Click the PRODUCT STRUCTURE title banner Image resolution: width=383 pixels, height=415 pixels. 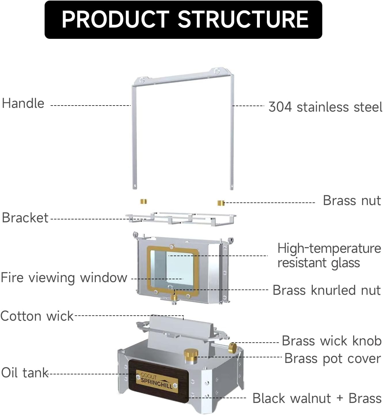coord(183,20)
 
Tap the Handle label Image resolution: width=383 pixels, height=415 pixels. coord(23,104)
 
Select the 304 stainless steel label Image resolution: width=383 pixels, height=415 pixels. coord(325,107)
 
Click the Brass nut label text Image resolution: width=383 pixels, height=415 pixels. coord(352,200)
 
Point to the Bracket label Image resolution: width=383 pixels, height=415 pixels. coord(25,218)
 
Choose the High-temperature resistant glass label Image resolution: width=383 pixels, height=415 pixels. coord(329,255)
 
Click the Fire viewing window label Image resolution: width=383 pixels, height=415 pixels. coord(64,278)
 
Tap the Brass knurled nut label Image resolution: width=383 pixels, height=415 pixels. coord(327,290)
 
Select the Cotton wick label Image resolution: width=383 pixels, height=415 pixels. coord(37,316)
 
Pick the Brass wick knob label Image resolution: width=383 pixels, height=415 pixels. coord(331,341)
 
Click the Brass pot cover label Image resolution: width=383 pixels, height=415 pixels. coord(333,359)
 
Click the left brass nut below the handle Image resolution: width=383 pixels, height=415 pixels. coord(144,201)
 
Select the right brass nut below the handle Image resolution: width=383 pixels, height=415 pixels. coord(221,203)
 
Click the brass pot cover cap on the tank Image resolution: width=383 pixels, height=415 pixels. coord(190,355)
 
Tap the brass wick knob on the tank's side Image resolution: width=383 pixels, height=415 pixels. coord(233,348)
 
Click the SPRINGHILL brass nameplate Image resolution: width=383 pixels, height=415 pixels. coord(157,381)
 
